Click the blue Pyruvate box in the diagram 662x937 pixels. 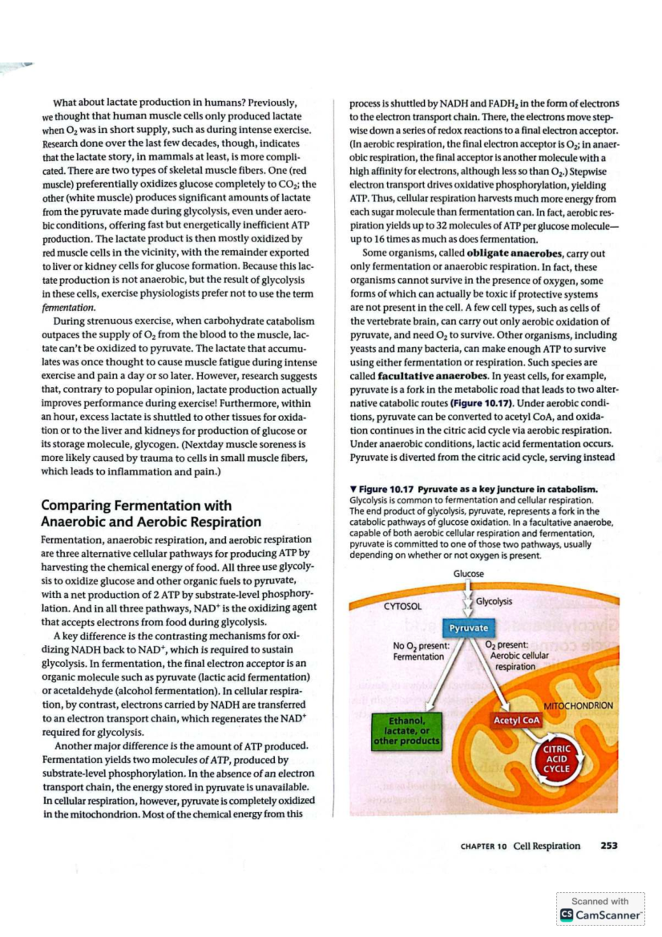tap(468, 628)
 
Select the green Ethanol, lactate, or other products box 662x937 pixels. tap(407, 731)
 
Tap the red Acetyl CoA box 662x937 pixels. tap(516, 721)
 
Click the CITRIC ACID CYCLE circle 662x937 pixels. tap(556, 759)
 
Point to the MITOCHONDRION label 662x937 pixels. tap(578, 706)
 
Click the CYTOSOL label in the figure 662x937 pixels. tap(403, 606)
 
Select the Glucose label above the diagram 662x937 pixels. tap(468, 574)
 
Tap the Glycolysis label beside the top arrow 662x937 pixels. tap(494, 601)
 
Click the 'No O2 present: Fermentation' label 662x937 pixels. tap(420, 651)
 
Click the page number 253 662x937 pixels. tap(608, 845)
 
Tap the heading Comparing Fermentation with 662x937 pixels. tap(136, 505)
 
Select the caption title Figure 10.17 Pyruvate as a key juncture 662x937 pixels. tap(478, 489)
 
